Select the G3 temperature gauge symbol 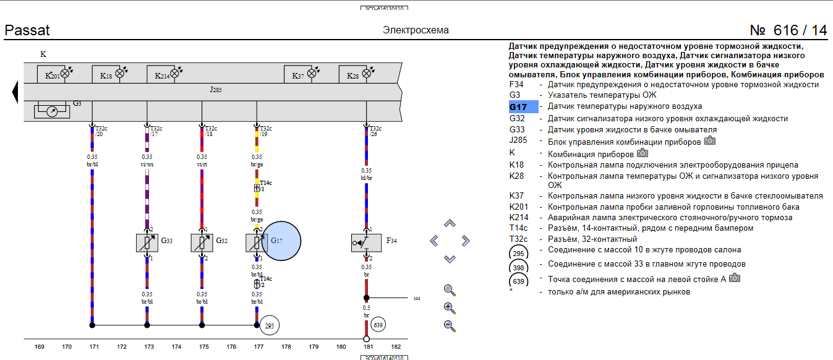tap(53, 112)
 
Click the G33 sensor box tap(147, 242)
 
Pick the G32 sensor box tap(202, 242)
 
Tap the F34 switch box tap(366, 242)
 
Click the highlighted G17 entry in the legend tap(523, 107)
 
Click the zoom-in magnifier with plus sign tap(450, 308)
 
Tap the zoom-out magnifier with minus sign tap(450, 326)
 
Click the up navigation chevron tap(450, 223)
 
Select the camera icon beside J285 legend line tap(710, 140)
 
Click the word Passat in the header tap(27, 30)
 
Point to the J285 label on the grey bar tap(215, 90)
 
